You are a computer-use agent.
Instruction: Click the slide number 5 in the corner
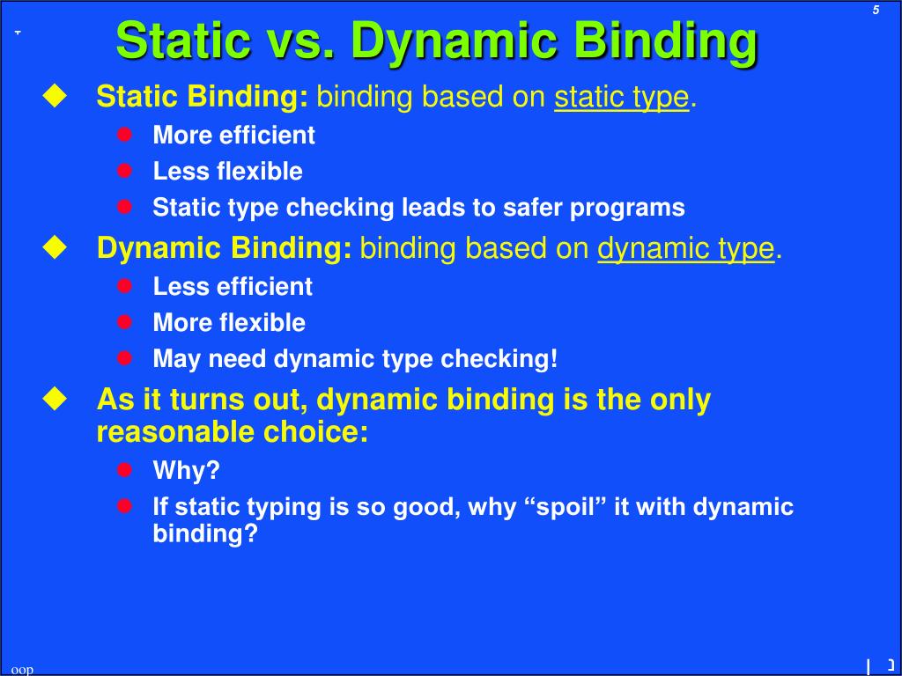pos(876,11)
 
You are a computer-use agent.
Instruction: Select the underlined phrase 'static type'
pos(621,98)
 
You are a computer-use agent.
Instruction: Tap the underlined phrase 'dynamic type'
pos(686,249)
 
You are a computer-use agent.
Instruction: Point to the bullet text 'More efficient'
pos(233,136)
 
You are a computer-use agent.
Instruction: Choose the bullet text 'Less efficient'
pos(233,287)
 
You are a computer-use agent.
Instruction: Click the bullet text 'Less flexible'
pos(227,172)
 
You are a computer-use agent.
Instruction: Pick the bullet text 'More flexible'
pos(229,323)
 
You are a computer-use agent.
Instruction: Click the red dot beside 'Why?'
pos(125,470)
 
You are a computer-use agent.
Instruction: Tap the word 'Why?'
pos(186,471)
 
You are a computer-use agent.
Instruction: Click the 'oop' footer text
pos(22,670)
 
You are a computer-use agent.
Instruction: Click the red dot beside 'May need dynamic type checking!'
pos(125,358)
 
